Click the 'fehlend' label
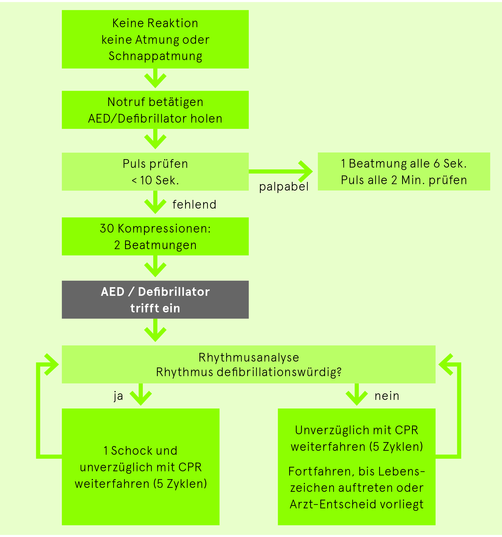pyautogui.click(x=194, y=204)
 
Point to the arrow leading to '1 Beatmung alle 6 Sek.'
pyautogui.click(x=281, y=171)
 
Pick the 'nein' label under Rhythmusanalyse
pyautogui.click(x=387, y=396)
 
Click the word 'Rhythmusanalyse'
pyautogui.click(x=249, y=358)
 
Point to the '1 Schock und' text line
pyautogui.click(x=140, y=451)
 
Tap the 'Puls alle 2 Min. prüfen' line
pyautogui.click(x=404, y=180)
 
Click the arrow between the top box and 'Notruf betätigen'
pyautogui.click(x=155, y=78)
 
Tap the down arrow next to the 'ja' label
pyautogui.click(x=141, y=394)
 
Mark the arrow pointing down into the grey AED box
pyautogui.click(x=155, y=266)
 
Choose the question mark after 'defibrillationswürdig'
pyautogui.click(x=339, y=372)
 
